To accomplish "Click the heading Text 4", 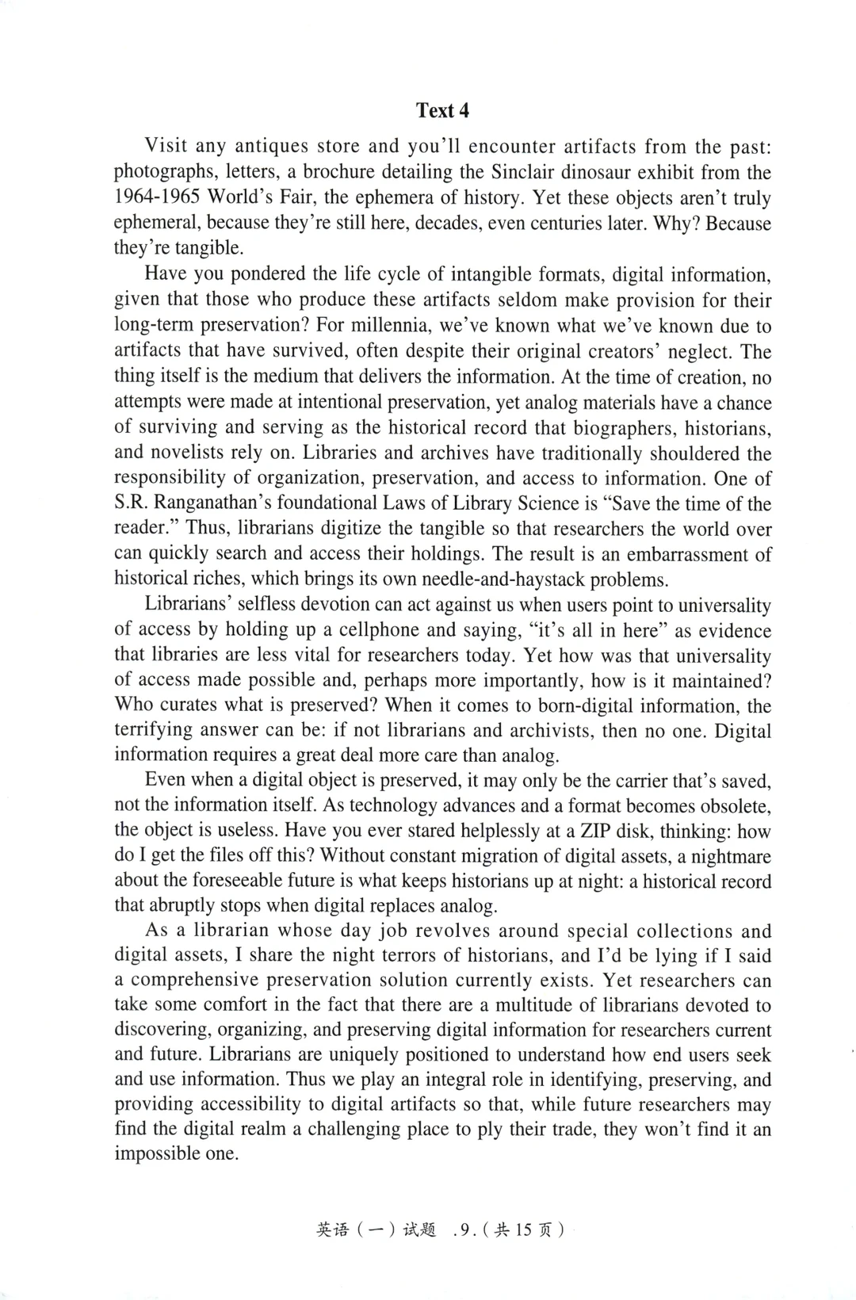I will pyautogui.click(x=442, y=110).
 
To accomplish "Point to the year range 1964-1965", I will pyautogui.click(x=157, y=197).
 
